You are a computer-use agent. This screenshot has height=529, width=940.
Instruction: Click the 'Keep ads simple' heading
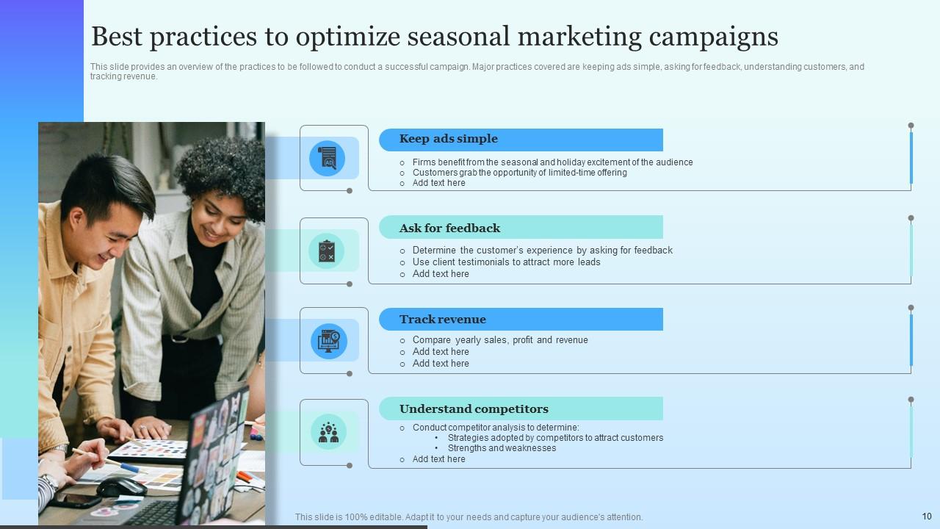pos(448,139)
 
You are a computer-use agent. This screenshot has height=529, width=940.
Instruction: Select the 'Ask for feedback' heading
pos(449,228)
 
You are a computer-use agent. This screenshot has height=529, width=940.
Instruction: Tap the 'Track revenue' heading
pos(442,320)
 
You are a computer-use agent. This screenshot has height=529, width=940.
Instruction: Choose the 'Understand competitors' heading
pos(474,409)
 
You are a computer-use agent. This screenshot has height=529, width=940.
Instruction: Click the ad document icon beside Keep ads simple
pos(327,158)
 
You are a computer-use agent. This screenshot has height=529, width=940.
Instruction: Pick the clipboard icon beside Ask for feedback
pos(327,251)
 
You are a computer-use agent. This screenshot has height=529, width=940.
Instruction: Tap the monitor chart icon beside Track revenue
pos(328,341)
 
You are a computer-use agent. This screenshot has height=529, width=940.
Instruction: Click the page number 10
pos(926,517)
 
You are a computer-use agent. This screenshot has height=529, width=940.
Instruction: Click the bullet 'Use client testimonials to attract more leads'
pos(506,262)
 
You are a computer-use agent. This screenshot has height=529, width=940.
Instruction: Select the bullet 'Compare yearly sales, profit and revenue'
pos(500,340)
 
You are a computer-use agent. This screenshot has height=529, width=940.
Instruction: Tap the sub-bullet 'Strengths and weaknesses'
pos(502,448)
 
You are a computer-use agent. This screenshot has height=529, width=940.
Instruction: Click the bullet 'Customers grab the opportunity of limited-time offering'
pos(519,173)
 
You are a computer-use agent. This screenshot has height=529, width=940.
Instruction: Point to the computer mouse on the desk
pos(121,487)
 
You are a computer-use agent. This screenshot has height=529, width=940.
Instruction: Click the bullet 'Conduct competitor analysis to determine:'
pos(496,428)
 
